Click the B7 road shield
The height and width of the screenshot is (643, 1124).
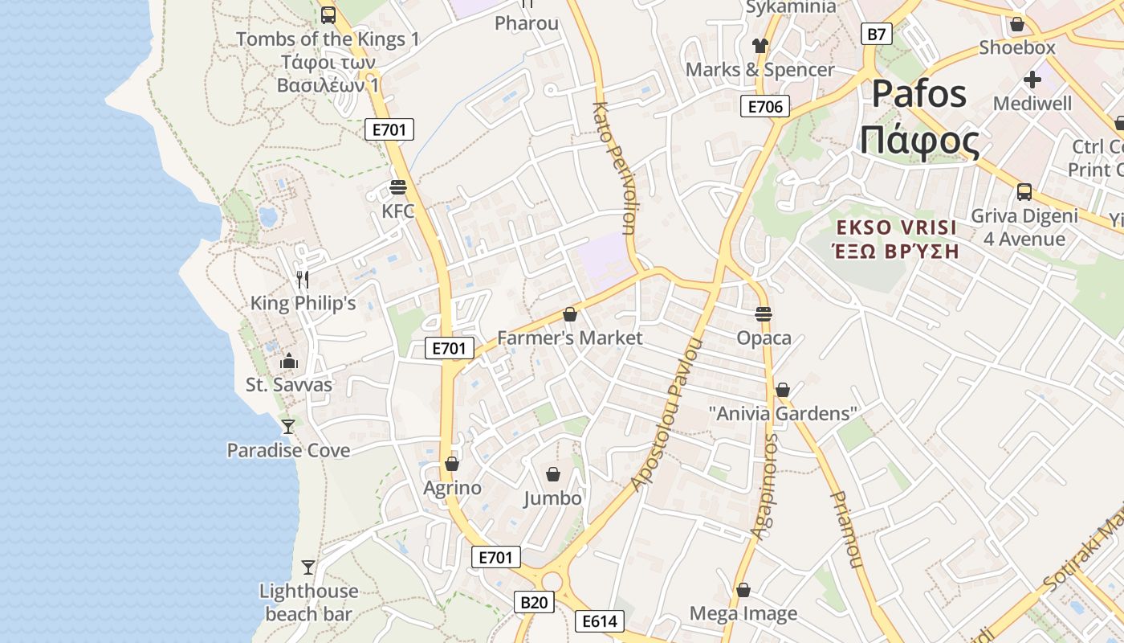[x=877, y=34]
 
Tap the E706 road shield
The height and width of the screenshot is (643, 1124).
[x=764, y=106]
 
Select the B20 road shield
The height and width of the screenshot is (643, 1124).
[x=534, y=602]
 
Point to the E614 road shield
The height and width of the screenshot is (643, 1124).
[x=599, y=620]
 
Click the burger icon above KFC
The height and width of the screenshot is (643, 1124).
[x=397, y=187]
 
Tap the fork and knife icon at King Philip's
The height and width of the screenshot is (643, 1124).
[x=303, y=279]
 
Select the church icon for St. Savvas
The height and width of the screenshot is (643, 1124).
[x=288, y=361]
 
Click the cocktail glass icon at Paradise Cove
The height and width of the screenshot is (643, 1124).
[x=288, y=425]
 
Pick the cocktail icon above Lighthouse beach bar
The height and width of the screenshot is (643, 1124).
[x=308, y=567]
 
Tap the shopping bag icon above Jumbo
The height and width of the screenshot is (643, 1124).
[x=552, y=474]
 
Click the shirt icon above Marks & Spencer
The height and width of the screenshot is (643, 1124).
[x=760, y=45]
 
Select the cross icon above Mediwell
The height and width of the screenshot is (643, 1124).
[x=1032, y=80]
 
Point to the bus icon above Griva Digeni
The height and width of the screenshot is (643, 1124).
[x=1024, y=192]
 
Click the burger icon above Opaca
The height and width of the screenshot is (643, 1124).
[x=764, y=313]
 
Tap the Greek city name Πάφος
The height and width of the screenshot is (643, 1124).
[x=919, y=141]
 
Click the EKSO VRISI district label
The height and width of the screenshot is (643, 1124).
[x=895, y=227]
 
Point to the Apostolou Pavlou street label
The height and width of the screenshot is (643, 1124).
[x=666, y=414]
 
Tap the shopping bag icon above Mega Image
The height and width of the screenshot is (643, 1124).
[x=743, y=590]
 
